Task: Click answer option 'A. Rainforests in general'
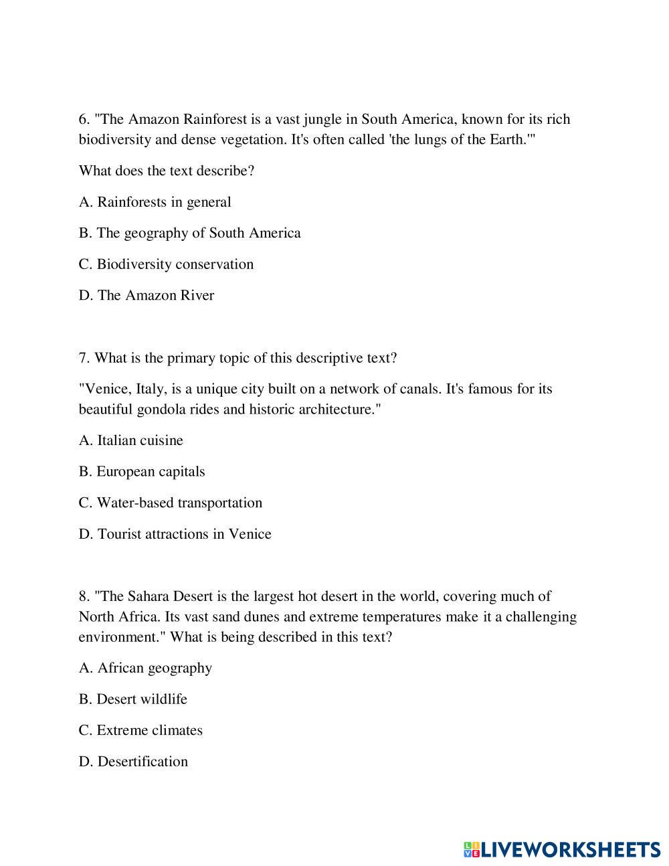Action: (x=155, y=202)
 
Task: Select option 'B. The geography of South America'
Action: (x=189, y=233)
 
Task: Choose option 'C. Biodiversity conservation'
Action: (x=166, y=264)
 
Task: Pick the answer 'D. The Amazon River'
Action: (x=147, y=295)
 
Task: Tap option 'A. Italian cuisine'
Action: (x=130, y=440)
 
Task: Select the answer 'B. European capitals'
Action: (x=142, y=472)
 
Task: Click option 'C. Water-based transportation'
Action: (x=170, y=503)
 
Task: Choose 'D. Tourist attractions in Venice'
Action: (x=175, y=534)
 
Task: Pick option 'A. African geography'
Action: (x=145, y=668)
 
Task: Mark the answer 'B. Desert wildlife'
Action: (x=132, y=699)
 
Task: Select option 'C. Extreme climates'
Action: (x=140, y=730)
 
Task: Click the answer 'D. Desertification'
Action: (x=133, y=762)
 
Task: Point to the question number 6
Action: (x=84, y=119)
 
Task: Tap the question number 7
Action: (x=84, y=358)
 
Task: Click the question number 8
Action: (x=84, y=596)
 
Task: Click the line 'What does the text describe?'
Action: (x=167, y=171)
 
